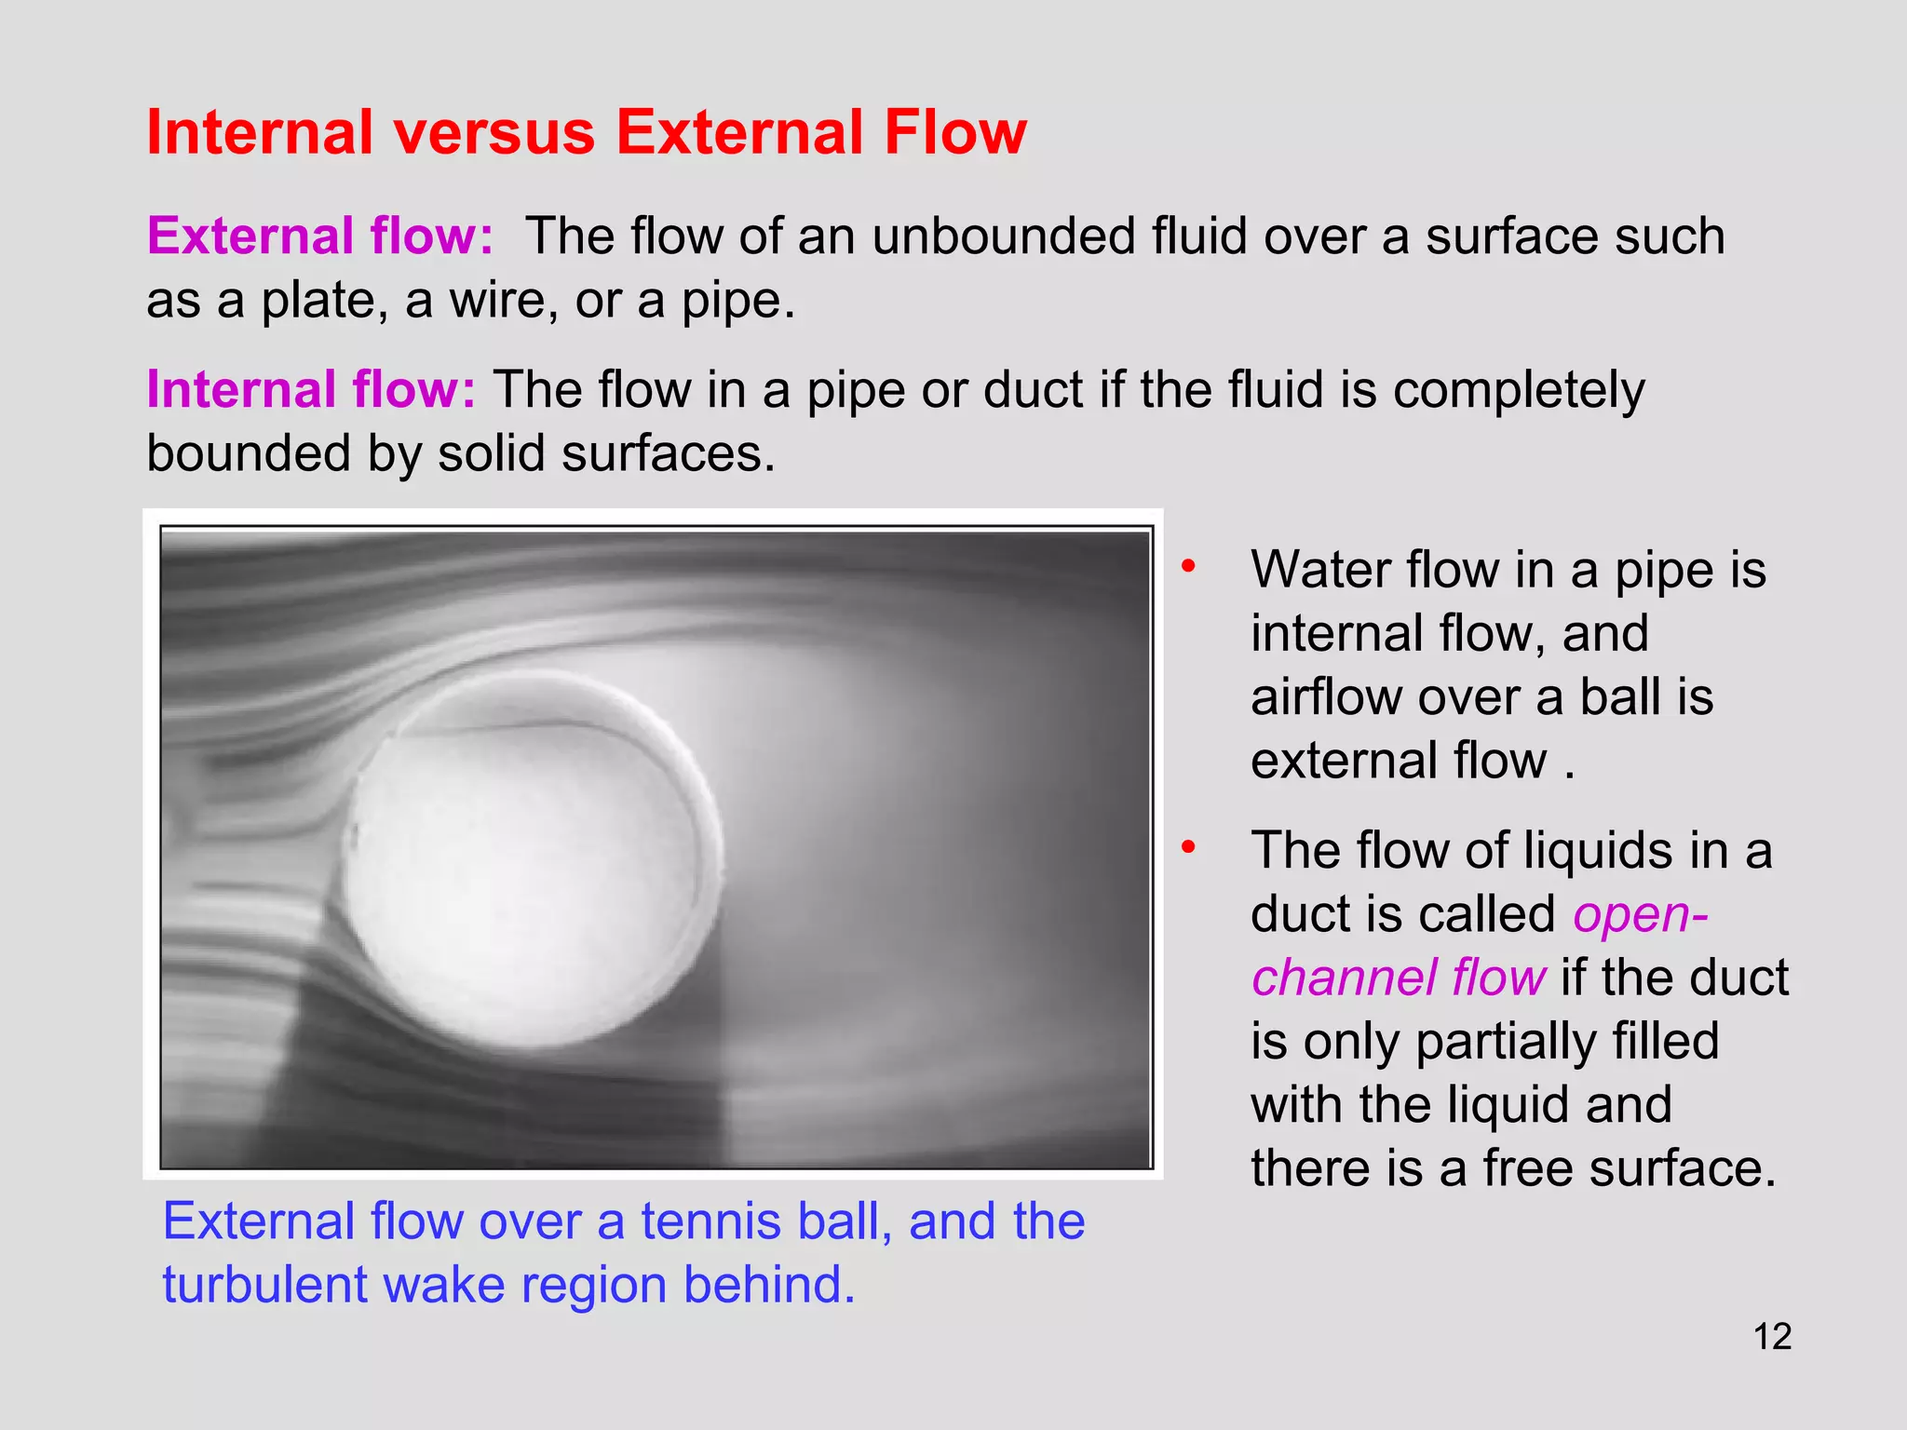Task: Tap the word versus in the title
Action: click(494, 132)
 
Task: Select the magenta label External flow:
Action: click(319, 236)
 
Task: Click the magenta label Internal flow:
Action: click(311, 389)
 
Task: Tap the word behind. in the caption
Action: click(769, 1285)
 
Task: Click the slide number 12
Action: click(1772, 1337)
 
